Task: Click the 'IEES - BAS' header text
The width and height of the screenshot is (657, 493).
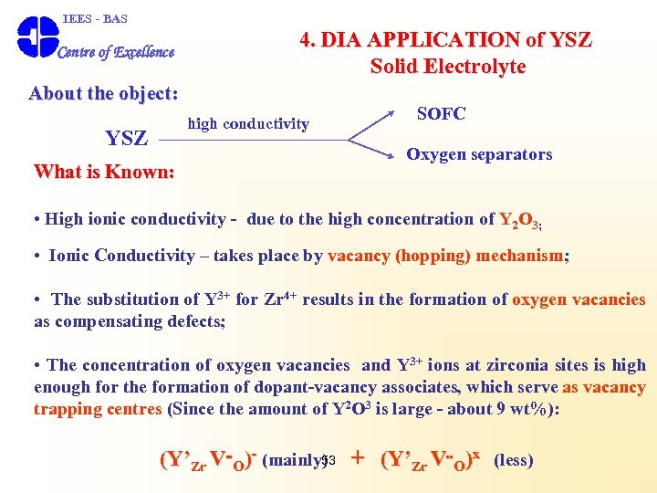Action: pyautogui.click(x=95, y=18)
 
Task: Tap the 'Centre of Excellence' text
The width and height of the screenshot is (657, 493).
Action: pyautogui.click(x=116, y=52)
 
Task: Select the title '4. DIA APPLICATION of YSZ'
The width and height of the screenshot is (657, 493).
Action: pyautogui.click(x=445, y=39)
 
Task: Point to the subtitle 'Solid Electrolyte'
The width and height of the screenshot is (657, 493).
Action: pyautogui.click(x=447, y=67)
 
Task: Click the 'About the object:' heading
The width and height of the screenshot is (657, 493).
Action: pyautogui.click(x=103, y=93)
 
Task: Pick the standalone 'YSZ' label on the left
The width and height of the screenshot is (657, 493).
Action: pyautogui.click(x=126, y=138)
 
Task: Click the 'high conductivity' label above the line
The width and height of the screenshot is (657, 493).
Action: pyautogui.click(x=248, y=123)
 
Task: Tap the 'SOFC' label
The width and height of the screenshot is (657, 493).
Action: pyautogui.click(x=441, y=114)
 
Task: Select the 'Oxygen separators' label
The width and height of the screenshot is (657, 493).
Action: pyautogui.click(x=479, y=154)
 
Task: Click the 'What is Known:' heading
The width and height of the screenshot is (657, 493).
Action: pyautogui.click(x=104, y=172)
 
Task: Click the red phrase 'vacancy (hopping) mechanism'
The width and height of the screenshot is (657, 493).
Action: pyautogui.click(x=445, y=257)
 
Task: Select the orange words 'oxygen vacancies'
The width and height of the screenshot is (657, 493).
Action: pyautogui.click(x=579, y=299)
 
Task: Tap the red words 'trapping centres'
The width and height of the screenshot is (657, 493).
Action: pyautogui.click(x=97, y=408)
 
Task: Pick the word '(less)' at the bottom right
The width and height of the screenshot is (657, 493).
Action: pyautogui.click(x=513, y=460)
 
